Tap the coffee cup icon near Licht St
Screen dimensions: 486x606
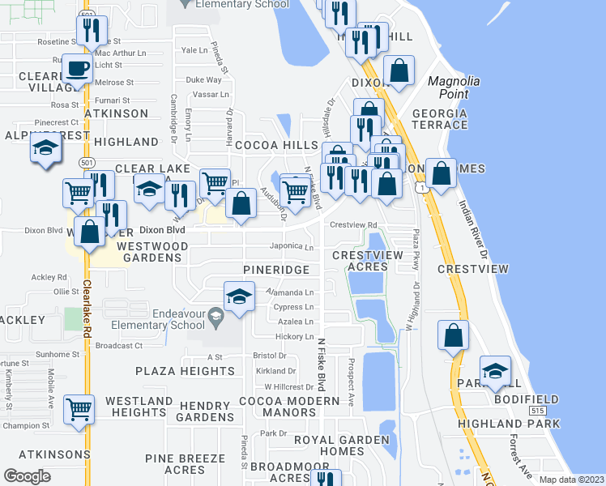79,69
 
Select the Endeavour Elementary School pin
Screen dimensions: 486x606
216,315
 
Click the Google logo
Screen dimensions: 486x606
27,476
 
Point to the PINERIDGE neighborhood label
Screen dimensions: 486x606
277,269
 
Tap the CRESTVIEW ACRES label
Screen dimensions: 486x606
368,261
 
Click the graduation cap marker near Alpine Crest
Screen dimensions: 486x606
46,147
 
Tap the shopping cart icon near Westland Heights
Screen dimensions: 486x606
79,408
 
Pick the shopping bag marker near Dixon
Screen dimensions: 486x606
399,70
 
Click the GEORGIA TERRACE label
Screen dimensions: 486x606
440,119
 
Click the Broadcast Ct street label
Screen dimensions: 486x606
118,345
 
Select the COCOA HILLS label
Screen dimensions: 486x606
276,145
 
